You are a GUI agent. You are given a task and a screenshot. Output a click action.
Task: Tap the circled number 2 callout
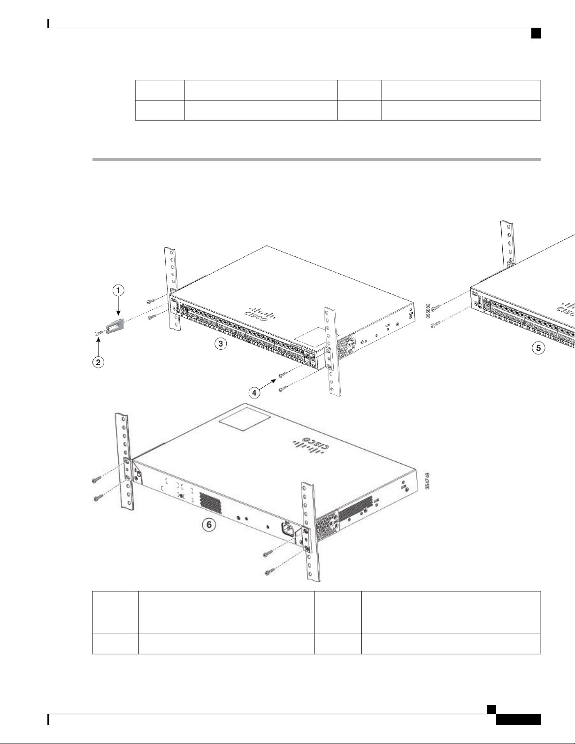98,362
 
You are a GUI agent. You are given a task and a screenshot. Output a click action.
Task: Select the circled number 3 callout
219,344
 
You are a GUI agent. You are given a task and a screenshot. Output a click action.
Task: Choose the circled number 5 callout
540,348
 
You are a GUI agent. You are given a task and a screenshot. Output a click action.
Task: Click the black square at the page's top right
535,32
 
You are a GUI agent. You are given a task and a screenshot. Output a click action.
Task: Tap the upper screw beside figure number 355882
436,308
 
